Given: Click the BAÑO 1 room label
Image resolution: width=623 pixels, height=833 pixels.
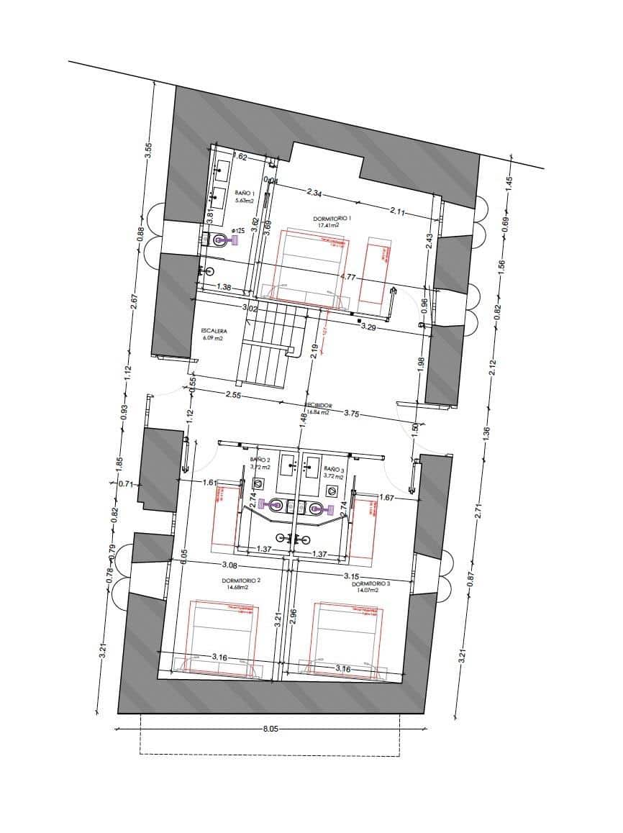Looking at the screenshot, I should (x=244, y=193).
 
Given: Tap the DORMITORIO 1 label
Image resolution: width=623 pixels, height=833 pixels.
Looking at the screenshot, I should (x=332, y=218).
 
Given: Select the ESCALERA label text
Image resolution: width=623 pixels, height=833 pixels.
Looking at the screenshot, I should (x=214, y=332).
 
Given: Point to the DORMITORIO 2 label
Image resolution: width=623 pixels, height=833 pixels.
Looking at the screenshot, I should (x=241, y=580).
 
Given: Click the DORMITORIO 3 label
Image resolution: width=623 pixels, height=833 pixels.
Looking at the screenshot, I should (x=370, y=584).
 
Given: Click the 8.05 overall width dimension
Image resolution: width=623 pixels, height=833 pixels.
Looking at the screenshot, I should (x=270, y=729).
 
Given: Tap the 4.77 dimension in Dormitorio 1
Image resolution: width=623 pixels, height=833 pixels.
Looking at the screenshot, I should (x=348, y=276).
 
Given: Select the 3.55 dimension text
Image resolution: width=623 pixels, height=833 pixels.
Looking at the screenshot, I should (x=148, y=150).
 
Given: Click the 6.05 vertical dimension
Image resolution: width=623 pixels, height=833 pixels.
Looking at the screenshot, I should (x=184, y=558).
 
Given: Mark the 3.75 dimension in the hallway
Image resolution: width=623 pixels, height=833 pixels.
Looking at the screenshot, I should (x=352, y=413).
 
